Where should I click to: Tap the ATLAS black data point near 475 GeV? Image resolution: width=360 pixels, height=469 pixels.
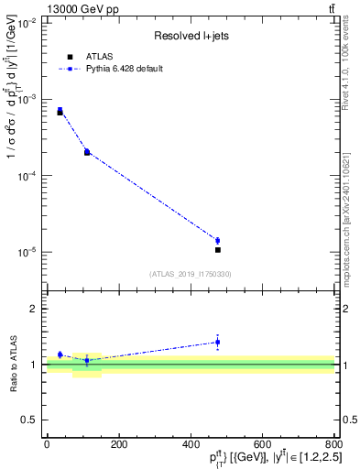click(x=217, y=249)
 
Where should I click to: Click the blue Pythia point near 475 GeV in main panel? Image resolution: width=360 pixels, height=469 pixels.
click(x=217, y=241)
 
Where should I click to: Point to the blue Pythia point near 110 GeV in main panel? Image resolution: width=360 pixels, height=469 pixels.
click(x=87, y=151)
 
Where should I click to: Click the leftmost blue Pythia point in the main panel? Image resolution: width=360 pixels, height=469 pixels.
click(x=60, y=110)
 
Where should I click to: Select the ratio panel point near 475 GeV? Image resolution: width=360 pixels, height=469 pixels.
click(x=217, y=343)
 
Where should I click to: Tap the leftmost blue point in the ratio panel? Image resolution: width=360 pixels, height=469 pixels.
click(x=60, y=354)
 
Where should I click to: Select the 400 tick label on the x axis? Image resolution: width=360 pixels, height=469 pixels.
click(x=190, y=445)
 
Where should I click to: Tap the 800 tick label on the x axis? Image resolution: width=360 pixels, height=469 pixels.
click(x=333, y=445)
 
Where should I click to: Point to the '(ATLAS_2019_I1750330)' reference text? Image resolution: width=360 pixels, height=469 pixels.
click(x=189, y=274)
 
